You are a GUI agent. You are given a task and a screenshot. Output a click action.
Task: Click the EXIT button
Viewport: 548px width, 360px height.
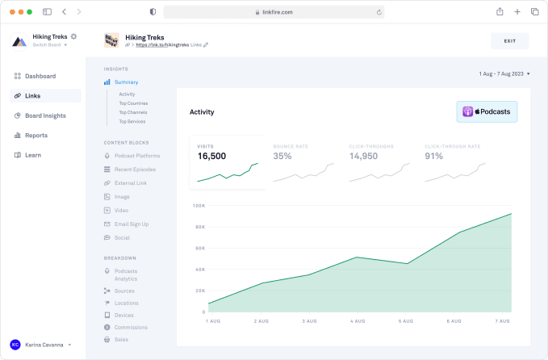click(x=509, y=40)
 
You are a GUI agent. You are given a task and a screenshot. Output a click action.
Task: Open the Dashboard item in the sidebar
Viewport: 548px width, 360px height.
click(x=40, y=76)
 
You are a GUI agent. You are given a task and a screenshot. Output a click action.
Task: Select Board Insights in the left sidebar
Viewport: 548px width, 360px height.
click(x=45, y=115)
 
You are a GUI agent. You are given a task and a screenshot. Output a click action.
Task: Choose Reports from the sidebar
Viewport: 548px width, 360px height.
click(x=36, y=136)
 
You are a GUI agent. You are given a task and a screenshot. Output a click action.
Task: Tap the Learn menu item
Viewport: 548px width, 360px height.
click(x=32, y=155)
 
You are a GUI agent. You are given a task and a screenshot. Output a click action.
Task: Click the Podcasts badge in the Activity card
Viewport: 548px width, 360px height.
click(x=487, y=111)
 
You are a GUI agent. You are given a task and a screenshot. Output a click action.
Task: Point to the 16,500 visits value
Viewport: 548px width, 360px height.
click(x=211, y=156)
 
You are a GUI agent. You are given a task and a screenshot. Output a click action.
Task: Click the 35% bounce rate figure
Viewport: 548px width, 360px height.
click(x=282, y=156)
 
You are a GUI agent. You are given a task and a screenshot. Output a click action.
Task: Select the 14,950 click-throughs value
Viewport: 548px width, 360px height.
click(x=363, y=156)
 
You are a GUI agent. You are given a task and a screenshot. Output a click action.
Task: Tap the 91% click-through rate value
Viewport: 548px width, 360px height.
click(x=434, y=156)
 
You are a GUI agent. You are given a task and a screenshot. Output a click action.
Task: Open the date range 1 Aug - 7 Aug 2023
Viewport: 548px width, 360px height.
click(x=504, y=73)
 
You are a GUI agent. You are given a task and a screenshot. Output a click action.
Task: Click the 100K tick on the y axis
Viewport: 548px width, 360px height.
click(x=199, y=205)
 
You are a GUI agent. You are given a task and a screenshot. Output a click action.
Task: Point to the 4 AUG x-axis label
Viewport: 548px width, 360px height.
click(x=358, y=321)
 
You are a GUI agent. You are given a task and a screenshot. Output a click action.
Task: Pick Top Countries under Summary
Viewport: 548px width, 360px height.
click(x=133, y=103)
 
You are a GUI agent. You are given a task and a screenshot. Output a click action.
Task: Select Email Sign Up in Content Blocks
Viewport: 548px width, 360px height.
click(x=131, y=224)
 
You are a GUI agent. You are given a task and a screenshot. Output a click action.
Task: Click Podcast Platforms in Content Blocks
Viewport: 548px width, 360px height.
click(x=136, y=156)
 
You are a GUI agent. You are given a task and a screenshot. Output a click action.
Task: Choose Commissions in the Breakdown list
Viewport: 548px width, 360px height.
click(x=131, y=327)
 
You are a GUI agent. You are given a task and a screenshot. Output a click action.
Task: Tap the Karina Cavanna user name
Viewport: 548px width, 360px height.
click(x=45, y=345)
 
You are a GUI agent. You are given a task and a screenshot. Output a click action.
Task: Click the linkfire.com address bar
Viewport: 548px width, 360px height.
click(x=274, y=12)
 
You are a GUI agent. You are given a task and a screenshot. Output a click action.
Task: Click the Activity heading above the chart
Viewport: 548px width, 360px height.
click(x=202, y=112)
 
